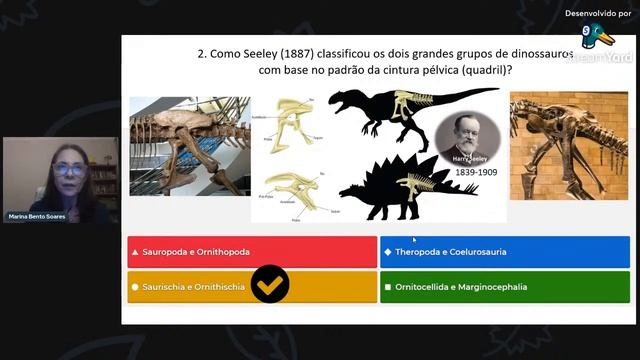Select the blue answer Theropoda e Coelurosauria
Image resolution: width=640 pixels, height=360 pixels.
[x=505, y=252]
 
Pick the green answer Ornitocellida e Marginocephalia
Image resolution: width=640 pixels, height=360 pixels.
[x=505, y=287]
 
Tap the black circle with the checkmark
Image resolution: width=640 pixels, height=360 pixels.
[x=270, y=285]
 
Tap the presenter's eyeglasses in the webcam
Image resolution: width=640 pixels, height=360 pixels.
[x=68, y=170]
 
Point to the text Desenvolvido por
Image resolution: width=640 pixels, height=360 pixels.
[x=597, y=13]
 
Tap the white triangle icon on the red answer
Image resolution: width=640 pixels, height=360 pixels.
[x=135, y=252]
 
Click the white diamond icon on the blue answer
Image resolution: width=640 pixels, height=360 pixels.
[x=388, y=252]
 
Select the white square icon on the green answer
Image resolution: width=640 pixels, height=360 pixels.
[x=388, y=287]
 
